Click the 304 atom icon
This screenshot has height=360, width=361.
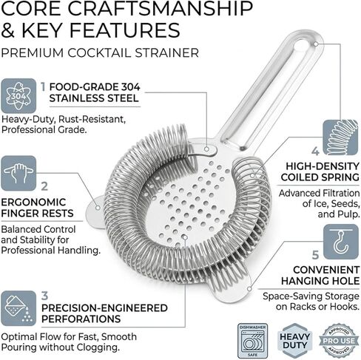click(x=18, y=96)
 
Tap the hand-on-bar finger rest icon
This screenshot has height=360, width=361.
click(x=18, y=173)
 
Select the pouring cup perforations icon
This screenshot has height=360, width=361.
click(x=18, y=308)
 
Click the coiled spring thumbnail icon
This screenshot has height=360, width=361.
click(x=340, y=137)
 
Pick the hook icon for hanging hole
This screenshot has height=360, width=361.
click(x=341, y=242)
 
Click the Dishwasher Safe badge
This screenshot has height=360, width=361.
click(x=253, y=342)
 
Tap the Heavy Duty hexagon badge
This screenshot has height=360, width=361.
click(x=294, y=341)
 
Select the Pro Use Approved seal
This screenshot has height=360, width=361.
click(x=339, y=341)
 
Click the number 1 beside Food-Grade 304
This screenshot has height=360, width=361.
click(x=43, y=87)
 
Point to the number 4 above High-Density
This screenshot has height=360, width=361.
click(x=315, y=151)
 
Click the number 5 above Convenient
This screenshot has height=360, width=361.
click(x=315, y=255)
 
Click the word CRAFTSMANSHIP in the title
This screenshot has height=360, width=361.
click(x=161, y=9)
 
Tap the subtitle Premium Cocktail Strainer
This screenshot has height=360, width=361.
click(x=100, y=53)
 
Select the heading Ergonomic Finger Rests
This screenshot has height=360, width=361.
click(x=37, y=208)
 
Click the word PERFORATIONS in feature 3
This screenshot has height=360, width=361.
click(x=81, y=319)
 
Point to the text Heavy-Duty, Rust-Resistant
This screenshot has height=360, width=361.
click(x=64, y=120)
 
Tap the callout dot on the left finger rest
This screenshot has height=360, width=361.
click(x=98, y=208)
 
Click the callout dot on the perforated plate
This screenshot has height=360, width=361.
click(x=185, y=237)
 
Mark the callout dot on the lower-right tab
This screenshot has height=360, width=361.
click(x=249, y=288)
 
